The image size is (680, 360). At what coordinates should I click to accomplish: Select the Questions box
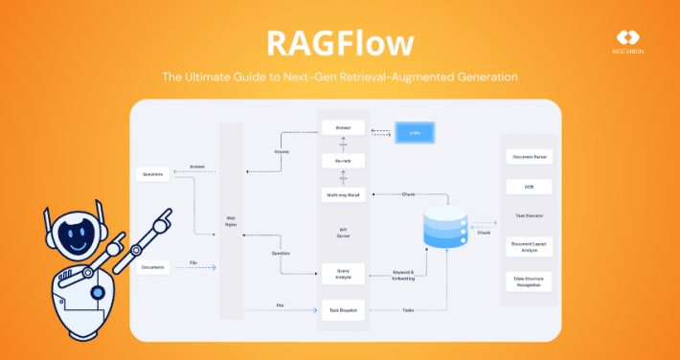[154, 174]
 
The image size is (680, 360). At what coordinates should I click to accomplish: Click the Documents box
[154, 267]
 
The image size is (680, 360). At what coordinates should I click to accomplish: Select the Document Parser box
[529, 155]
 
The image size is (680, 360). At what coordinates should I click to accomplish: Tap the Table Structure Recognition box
[529, 281]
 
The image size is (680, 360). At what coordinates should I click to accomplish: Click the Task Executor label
[529, 215]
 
